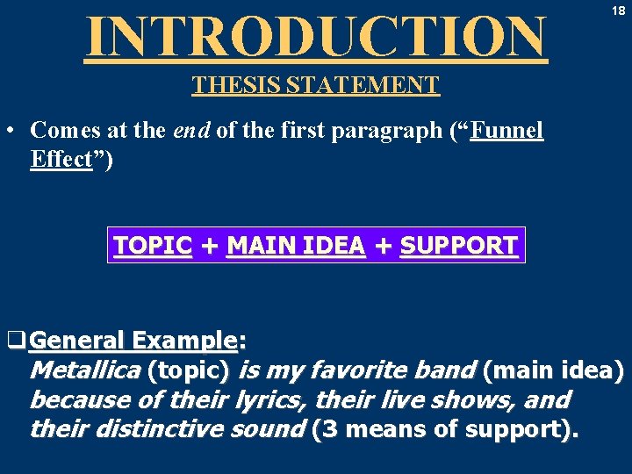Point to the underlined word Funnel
pyautogui.click(x=507, y=131)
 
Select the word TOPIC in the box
pyautogui.click(x=153, y=246)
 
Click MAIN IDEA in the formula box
pyautogui.click(x=296, y=246)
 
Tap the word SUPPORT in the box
pyautogui.click(x=458, y=246)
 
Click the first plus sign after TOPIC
pyautogui.click(x=209, y=247)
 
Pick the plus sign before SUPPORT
pyautogui.click(x=383, y=247)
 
